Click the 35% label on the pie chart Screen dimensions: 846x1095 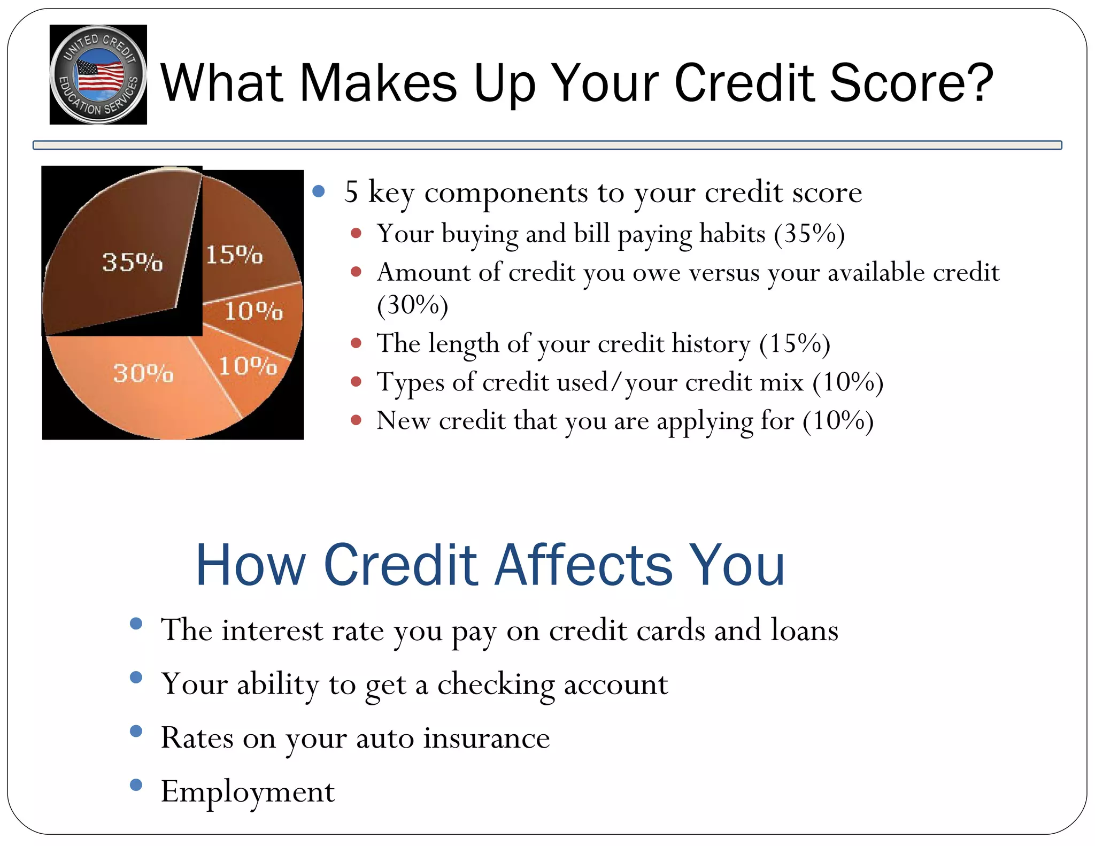(x=132, y=262)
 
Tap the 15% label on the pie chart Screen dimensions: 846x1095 (x=234, y=255)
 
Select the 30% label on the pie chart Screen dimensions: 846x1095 (x=143, y=373)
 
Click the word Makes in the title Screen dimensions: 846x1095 (x=377, y=83)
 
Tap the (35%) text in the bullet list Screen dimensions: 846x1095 (x=809, y=233)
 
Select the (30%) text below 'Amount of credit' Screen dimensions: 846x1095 (x=412, y=305)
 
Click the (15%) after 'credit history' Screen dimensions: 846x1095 (x=795, y=343)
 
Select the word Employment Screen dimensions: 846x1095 (x=248, y=792)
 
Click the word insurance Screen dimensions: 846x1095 (x=487, y=738)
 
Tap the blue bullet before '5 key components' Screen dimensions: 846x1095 (x=319, y=191)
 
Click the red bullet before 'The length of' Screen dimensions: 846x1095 (x=356, y=343)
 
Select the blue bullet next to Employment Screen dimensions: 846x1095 (x=136, y=785)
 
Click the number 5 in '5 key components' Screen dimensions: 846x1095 (x=351, y=192)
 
